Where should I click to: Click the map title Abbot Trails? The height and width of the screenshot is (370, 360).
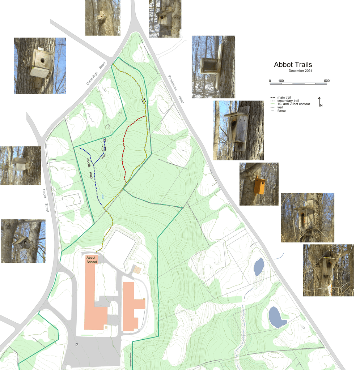coord(293,65)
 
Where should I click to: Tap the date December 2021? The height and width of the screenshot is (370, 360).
coord(300,71)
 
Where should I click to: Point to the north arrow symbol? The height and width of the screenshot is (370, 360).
coord(319,102)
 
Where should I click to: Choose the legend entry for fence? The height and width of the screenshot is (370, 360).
coord(281,111)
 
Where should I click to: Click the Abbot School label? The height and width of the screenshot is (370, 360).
coord(92,259)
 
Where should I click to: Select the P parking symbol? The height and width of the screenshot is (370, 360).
coord(77,345)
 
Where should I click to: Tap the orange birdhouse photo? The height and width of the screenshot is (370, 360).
coord(259,184)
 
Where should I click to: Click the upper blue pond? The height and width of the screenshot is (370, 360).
coord(259,267)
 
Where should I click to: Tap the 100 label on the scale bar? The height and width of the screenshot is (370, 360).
coord(281,80)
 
